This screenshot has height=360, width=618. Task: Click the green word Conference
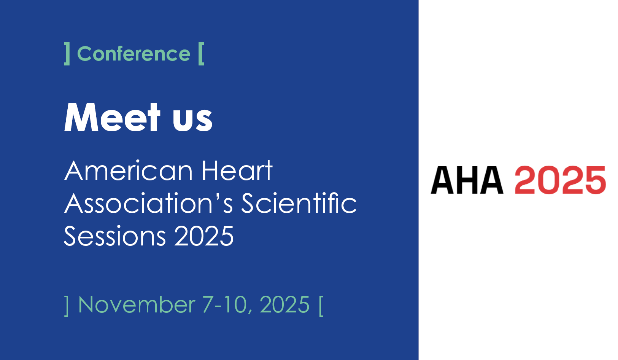coord(133,54)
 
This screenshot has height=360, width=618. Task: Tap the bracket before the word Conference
coord(67,54)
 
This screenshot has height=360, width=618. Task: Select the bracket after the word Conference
coord(201,54)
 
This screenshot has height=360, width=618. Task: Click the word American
coord(128,171)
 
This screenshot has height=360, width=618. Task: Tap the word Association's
coord(149,203)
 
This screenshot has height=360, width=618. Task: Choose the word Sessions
coord(115,236)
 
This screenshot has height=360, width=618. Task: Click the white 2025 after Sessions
coord(204,236)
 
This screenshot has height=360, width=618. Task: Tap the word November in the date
coord(137,304)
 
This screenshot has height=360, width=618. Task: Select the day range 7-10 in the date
coord(224,304)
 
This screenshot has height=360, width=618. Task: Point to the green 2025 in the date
coord(284,304)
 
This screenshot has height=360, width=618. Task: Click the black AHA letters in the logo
coord(467,180)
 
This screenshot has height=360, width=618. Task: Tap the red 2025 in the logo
coord(560,180)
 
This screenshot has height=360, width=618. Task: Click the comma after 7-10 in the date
coord(250,312)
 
